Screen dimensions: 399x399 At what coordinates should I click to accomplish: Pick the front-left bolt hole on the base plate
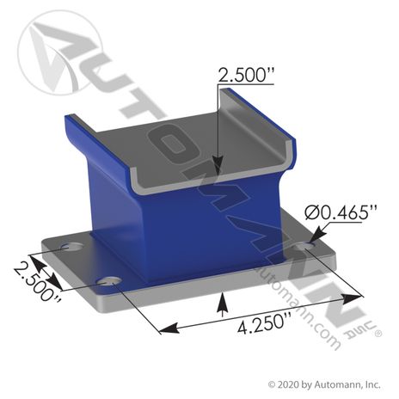107,282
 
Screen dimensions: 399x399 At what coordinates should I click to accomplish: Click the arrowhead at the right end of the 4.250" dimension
357,297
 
